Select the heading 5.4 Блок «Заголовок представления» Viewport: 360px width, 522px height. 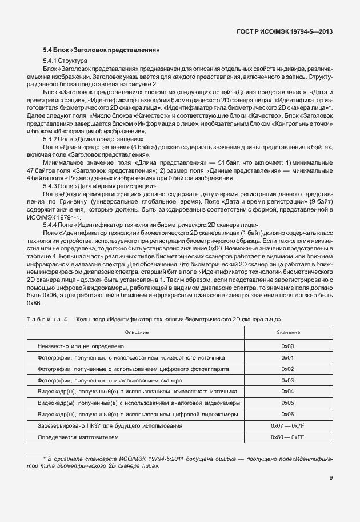click(101, 50)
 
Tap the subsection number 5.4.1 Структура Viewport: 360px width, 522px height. click(65, 61)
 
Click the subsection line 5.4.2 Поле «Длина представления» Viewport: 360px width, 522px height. click(94, 139)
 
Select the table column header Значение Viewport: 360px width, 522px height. click(287, 332)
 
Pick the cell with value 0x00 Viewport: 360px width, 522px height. click(287, 346)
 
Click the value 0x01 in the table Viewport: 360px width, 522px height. click(287, 358)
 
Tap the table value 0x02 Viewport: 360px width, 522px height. click(287, 369)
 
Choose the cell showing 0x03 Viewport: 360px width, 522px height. click(287, 380)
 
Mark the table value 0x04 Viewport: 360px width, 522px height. click(287, 392)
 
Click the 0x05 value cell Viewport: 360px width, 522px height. click(287, 403)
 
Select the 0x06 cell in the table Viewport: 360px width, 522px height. click(287, 414)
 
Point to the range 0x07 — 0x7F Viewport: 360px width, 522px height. click(287, 425)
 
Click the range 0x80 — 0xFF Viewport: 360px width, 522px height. click(287, 437)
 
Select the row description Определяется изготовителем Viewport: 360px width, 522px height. click(78, 437)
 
